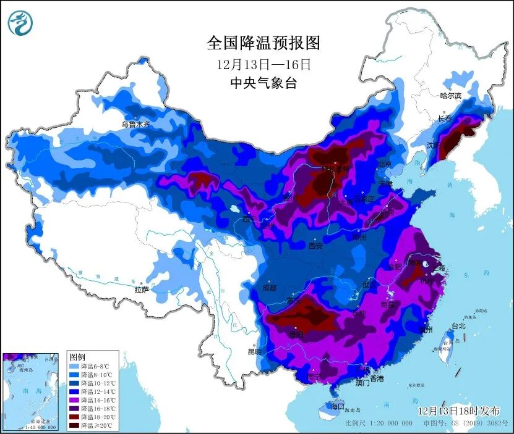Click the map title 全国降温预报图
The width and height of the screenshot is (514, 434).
coord(263,43)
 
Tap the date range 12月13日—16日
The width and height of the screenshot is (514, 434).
coord(263,64)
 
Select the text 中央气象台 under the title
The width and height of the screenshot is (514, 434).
coord(263,83)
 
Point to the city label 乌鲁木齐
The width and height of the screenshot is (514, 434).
coord(135,124)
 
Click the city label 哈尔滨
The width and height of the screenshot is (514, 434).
coord(450,96)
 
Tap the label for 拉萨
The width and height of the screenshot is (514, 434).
coord(142,289)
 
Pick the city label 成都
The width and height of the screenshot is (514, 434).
coord(270,287)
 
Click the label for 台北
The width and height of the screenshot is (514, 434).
coord(458,325)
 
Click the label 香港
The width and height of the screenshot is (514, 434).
coord(376,378)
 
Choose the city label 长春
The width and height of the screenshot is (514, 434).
coord(445,118)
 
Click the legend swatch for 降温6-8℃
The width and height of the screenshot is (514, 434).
coord(75,366)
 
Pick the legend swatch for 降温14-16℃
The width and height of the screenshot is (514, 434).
coord(75,401)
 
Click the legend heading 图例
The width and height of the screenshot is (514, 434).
coord(77,357)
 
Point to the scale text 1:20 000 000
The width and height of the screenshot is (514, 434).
coord(389,424)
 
